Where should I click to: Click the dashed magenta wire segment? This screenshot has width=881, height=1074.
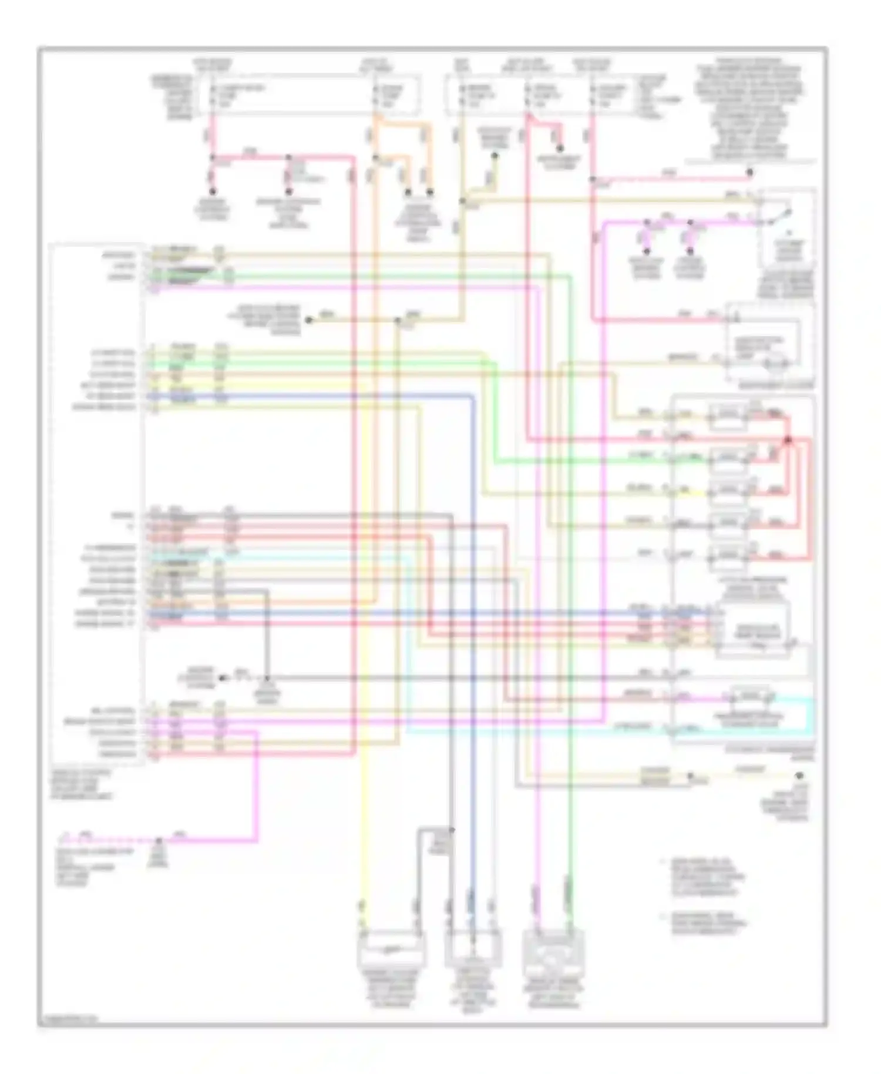click(x=112, y=840)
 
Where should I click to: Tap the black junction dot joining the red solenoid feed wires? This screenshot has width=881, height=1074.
click(x=788, y=439)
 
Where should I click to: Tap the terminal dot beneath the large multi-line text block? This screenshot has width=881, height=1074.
click(x=749, y=173)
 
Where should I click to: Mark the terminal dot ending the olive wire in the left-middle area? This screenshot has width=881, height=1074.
click(x=310, y=320)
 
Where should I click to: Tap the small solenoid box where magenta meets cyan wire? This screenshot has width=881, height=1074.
click(x=750, y=697)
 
